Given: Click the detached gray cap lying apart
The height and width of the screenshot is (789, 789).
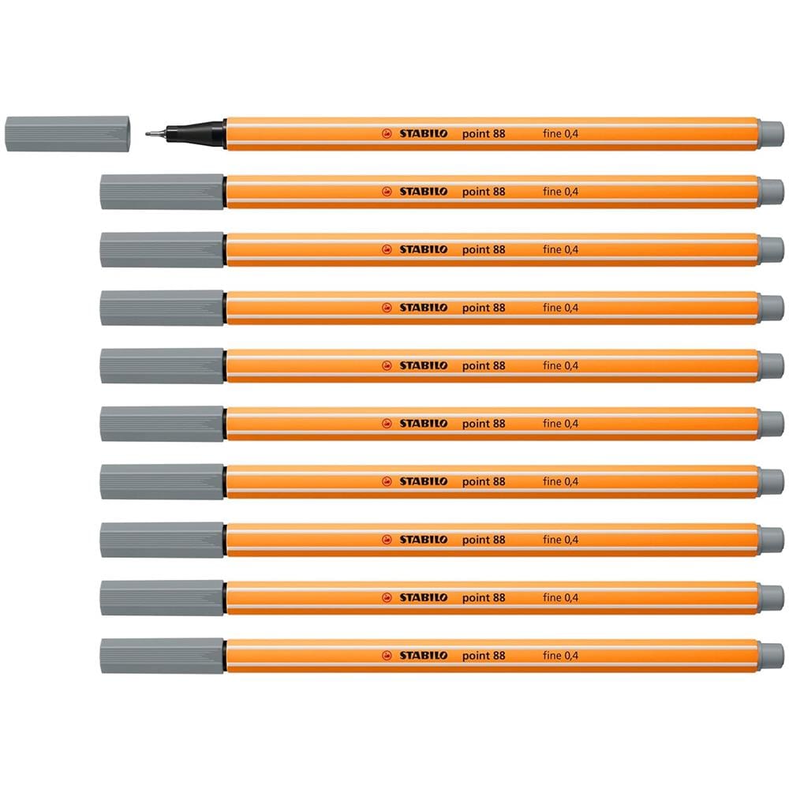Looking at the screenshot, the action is [68, 134].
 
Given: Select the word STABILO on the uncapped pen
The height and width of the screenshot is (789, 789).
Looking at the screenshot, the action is [423, 134].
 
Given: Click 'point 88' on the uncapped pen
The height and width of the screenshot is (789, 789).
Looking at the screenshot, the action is [484, 134].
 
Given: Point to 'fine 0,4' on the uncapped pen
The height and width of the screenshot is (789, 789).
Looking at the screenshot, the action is [560, 134].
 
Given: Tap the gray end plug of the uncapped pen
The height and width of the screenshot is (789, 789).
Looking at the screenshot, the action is [770, 134].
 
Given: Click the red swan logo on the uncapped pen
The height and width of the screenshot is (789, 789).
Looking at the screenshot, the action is [387, 134].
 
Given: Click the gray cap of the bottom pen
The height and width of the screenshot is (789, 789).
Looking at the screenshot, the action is [162, 656].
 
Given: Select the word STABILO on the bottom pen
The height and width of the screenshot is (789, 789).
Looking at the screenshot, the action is [423, 656].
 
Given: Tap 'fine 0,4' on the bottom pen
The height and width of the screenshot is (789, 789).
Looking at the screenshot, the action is [560, 656].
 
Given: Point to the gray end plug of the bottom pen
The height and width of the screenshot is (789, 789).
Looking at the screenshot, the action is [770, 656].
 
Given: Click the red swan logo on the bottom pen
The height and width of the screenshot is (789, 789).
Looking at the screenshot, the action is [387, 656].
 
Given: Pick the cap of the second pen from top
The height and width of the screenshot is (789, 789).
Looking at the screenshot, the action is [162, 192].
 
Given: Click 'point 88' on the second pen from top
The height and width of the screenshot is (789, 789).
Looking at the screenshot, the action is [484, 192].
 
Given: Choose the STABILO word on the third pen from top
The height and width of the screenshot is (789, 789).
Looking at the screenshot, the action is [423, 249].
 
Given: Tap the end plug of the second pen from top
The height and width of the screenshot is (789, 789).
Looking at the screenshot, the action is [770, 192].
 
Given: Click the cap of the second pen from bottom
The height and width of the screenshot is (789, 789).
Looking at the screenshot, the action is [162, 598].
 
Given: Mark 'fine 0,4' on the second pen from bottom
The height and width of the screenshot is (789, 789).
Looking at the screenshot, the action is [560, 598].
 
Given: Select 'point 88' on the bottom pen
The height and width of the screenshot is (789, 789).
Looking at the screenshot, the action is [484, 656].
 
